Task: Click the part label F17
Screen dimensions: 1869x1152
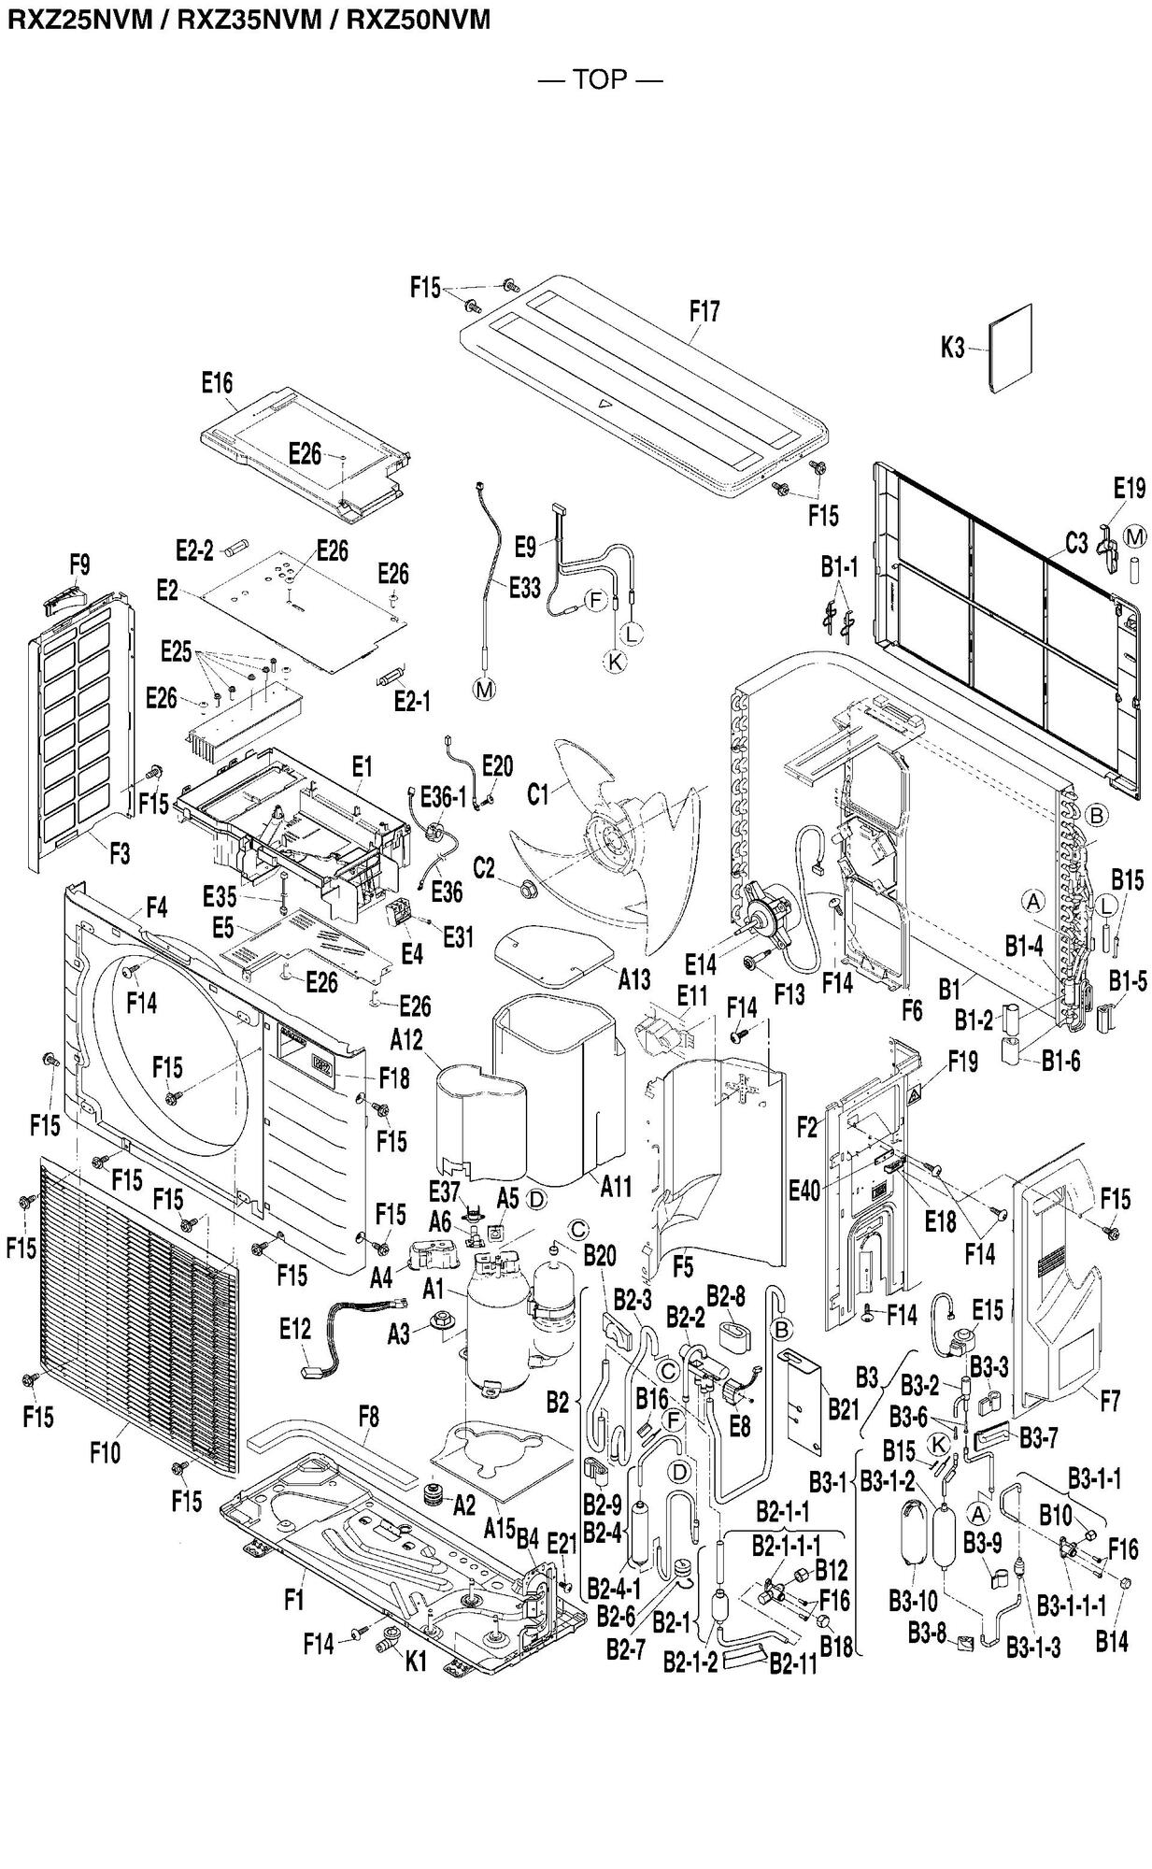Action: (704, 311)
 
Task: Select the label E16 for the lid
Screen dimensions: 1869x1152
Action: (217, 382)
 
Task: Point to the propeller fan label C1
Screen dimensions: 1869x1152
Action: (538, 794)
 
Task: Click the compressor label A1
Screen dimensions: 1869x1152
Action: (433, 1290)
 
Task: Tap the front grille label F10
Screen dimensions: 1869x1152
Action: (106, 1453)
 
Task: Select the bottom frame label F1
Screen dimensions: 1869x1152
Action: (294, 1601)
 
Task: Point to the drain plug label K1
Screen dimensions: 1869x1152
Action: (416, 1660)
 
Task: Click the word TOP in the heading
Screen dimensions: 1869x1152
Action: (600, 79)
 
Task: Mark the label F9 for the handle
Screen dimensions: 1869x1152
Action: (79, 564)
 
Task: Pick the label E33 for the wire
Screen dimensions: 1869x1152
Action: (524, 587)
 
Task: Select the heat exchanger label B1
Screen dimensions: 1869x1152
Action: (949, 987)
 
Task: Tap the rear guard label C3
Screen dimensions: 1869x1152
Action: (1076, 543)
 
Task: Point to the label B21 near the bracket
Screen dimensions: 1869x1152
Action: (842, 1409)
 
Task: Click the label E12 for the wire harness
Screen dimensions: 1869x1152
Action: (295, 1328)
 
